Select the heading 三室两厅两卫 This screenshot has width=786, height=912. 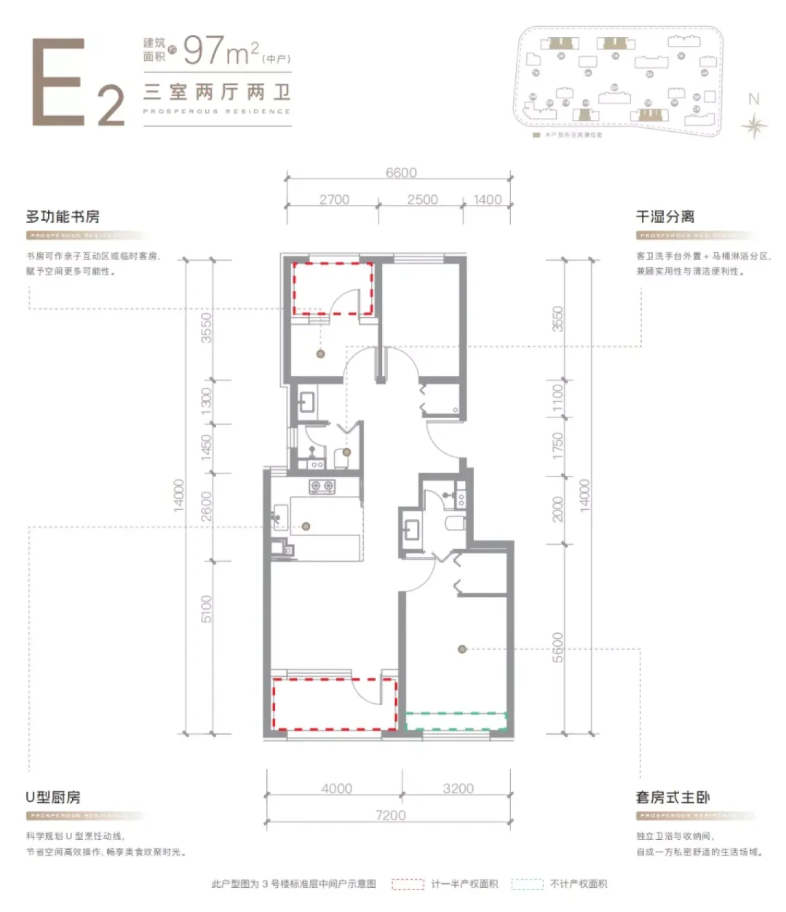coord(217,92)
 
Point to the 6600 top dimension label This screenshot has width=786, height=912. coord(401,173)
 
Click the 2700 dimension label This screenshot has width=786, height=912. coord(334,200)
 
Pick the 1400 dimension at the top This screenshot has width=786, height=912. coord(487,200)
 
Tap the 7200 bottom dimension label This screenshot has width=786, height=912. coord(390,815)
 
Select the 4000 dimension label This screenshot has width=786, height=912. coord(336,788)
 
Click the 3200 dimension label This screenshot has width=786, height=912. coord(458,788)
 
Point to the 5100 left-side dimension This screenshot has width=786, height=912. coord(206,608)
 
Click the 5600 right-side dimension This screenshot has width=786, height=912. coord(557,647)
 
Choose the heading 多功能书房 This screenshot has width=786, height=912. coord(63,216)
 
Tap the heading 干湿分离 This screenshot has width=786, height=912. coord(665,216)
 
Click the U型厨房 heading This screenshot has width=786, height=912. coord(53,797)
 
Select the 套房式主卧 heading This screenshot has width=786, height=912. coord(672,797)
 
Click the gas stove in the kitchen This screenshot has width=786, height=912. coord(322,486)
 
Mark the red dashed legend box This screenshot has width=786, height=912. coord(408,884)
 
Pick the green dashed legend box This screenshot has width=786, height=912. coord(527,884)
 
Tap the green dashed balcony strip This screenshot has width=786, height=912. coord(456,720)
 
